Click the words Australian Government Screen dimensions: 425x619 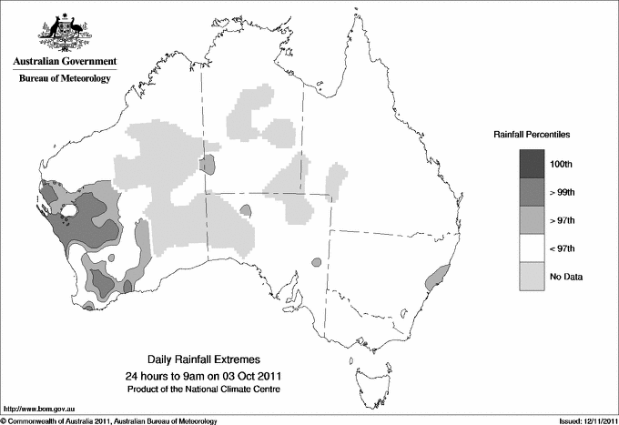[x=64, y=62]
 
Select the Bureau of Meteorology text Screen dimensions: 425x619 [x=64, y=78]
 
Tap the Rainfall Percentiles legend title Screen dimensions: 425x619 [x=533, y=135]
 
